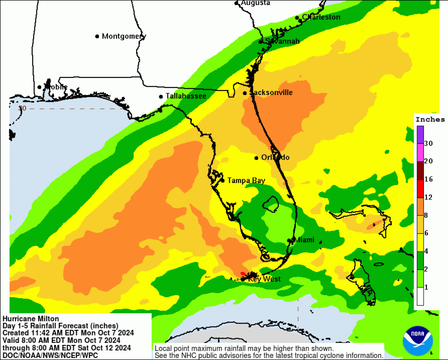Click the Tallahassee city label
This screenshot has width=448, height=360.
pos(186,96)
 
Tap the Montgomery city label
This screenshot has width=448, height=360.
pos(123,36)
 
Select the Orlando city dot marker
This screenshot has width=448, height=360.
pos(256,158)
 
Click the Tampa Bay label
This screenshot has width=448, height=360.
pos(246,180)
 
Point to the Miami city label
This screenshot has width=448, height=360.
pos(304,240)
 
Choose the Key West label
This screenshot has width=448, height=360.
pos(264,279)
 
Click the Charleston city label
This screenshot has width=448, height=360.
pos(321,17)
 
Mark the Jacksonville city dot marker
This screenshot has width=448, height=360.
pos(245,93)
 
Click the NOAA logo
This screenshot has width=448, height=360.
pos(417,340)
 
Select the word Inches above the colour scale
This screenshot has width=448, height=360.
pos(430,119)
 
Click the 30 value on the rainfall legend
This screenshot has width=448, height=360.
pos(428,144)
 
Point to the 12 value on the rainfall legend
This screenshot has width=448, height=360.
pos(428,197)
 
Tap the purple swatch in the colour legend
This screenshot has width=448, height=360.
pos(420,135)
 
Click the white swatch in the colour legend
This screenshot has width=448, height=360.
pos(420,296)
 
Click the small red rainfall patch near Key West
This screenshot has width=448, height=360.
pos(243,274)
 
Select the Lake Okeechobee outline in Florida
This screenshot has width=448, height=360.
pos(270,204)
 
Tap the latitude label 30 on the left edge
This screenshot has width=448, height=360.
pos(22,108)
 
